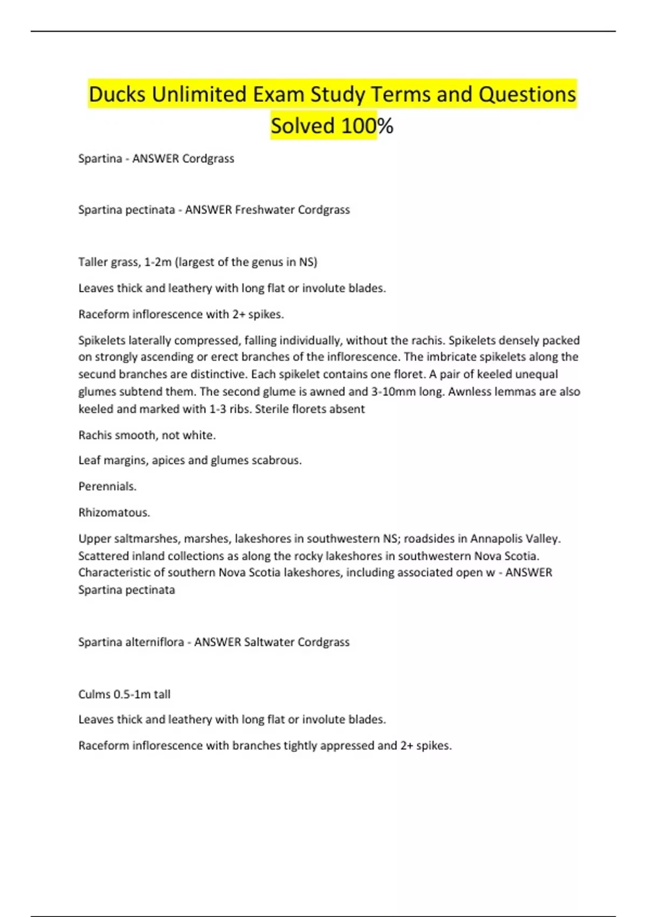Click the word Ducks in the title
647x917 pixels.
click(x=117, y=94)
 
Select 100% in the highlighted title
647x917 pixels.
click(x=367, y=126)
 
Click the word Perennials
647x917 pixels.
click(x=107, y=487)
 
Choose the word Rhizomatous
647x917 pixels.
click(x=114, y=512)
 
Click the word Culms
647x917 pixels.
click(x=94, y=694)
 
